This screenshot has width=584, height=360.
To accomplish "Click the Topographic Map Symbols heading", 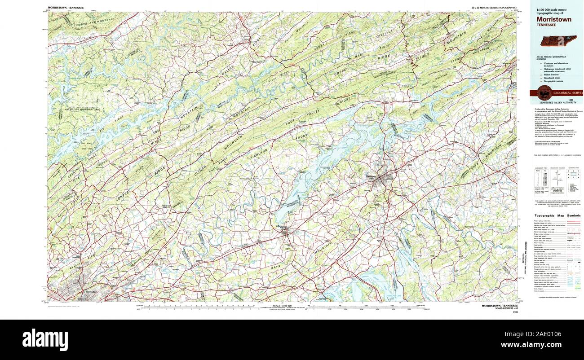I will click(x=557, y=215).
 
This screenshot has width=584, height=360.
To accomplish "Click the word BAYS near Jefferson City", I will click(x=276, y=268).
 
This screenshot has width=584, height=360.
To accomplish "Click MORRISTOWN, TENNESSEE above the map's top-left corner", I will click(x=66, y=8).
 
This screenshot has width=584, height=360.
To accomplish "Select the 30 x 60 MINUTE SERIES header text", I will click(x=494, y=8).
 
